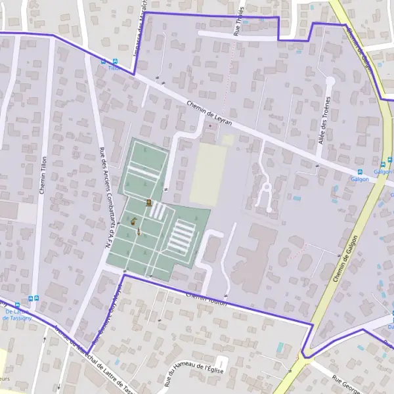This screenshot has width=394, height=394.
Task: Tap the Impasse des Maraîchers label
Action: pos(140,30)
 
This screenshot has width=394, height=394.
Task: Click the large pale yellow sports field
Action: pos(208,174)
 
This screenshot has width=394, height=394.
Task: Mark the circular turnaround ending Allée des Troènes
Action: pos(330,81)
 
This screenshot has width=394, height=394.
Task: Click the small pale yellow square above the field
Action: pos(228,140)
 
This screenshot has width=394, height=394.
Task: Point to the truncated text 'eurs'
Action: pos(5,379)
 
